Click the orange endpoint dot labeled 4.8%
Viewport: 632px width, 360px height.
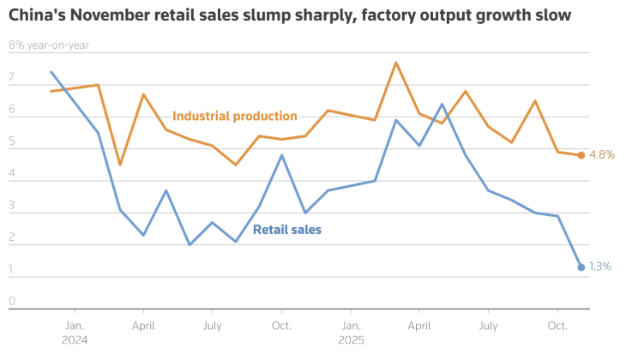point(581,155)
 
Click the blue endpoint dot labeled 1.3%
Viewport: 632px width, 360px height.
point(581,267)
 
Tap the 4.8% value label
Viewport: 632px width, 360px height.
point(602,155)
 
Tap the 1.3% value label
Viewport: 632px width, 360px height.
point(600,267)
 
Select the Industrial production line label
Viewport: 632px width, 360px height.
point(234,116)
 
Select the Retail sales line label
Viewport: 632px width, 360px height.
point(287,230)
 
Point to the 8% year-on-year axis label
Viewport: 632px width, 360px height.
point(49,45)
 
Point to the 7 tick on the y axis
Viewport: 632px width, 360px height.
point(12,78)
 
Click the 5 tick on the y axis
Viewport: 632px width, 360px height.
point(12,141)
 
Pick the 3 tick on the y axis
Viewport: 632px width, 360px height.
point(12,206)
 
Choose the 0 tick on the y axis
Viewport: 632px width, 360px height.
point(12,301)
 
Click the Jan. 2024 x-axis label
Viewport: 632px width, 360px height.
point(75,333)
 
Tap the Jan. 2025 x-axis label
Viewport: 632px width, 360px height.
point(351,333)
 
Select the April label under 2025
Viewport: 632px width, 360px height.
point(419,326)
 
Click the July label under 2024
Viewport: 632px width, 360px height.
point(213,326)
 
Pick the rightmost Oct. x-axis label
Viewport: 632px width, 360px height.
point(557,326)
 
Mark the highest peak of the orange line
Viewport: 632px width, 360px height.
point(396,63)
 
